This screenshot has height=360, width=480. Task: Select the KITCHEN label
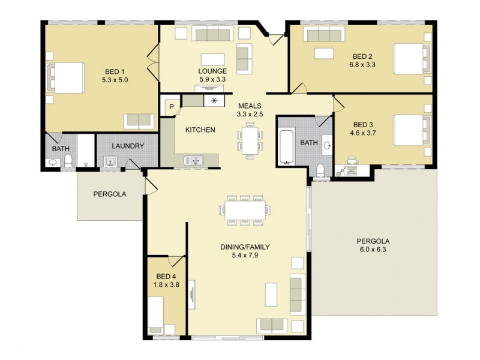point(200,130)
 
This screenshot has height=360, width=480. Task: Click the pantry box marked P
point(171,107)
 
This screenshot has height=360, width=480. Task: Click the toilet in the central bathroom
point(320,170)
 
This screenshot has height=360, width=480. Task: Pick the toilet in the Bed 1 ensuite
point(68,160)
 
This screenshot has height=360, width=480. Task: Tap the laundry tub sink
point(110,161)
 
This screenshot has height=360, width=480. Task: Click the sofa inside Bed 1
point(139,121)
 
